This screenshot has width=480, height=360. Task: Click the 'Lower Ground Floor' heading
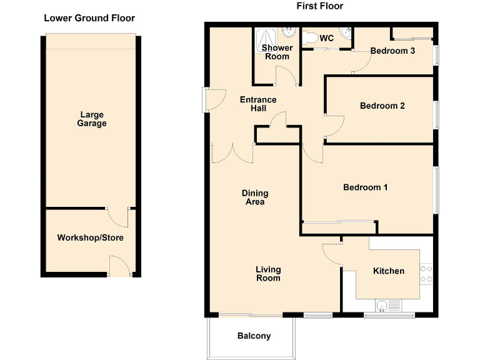(x=89, y=18)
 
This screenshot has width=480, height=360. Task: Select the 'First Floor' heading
(x=319, y=6)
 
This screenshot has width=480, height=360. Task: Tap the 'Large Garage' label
(x=92, y=119)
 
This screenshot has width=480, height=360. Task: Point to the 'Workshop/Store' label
(x=91, y=237)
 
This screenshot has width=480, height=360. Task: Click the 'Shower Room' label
(x=276, y=52)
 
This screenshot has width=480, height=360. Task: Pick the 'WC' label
(x=326, y=38)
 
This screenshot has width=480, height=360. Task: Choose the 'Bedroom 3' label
(x=392, y=51)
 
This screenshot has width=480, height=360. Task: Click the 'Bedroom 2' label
(x=382, y=106)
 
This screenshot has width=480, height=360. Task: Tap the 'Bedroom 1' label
(x=366, y=187)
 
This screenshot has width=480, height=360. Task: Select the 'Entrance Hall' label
(x=259, y=104)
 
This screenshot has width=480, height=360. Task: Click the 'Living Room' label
(x=268, y=274)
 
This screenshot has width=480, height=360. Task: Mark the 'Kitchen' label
(x=389, y=271)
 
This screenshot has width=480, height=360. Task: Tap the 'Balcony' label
(x=254, y=336)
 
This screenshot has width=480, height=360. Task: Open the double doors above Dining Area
(x=232, y=152)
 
